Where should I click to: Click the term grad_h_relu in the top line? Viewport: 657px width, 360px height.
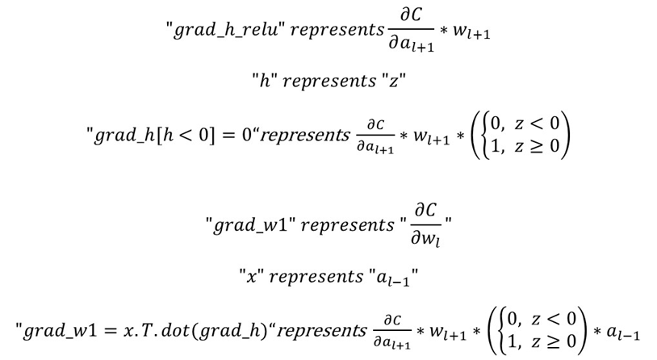(x=226, y=30)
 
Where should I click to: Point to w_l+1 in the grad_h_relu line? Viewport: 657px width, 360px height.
(x=471, y=31)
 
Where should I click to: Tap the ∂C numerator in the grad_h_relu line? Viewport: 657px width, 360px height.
(x=411, y=15)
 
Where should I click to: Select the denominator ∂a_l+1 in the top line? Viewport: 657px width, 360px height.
(x=411, y=44)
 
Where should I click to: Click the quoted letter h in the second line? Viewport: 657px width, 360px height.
(x=265, y=80)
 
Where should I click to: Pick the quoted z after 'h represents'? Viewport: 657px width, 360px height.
(x=393, y=81)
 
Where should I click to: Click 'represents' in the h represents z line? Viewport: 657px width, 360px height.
(x=329, y=81)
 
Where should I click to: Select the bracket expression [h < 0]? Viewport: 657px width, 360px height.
(x=185, y=136)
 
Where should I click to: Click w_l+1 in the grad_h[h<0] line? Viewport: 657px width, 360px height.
(x=432, y=137)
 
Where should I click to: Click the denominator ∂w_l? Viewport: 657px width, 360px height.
(x=425, y=239)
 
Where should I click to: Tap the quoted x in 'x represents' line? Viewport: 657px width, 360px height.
(x=251, y=277)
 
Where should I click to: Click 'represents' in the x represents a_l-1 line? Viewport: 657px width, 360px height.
(x=316, y=277)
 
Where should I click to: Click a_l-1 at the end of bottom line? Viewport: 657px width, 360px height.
(x=623, y=333)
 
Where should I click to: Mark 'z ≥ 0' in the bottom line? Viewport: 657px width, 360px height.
(x=554, y=342)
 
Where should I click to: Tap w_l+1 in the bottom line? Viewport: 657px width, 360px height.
(x=448, y=333)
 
